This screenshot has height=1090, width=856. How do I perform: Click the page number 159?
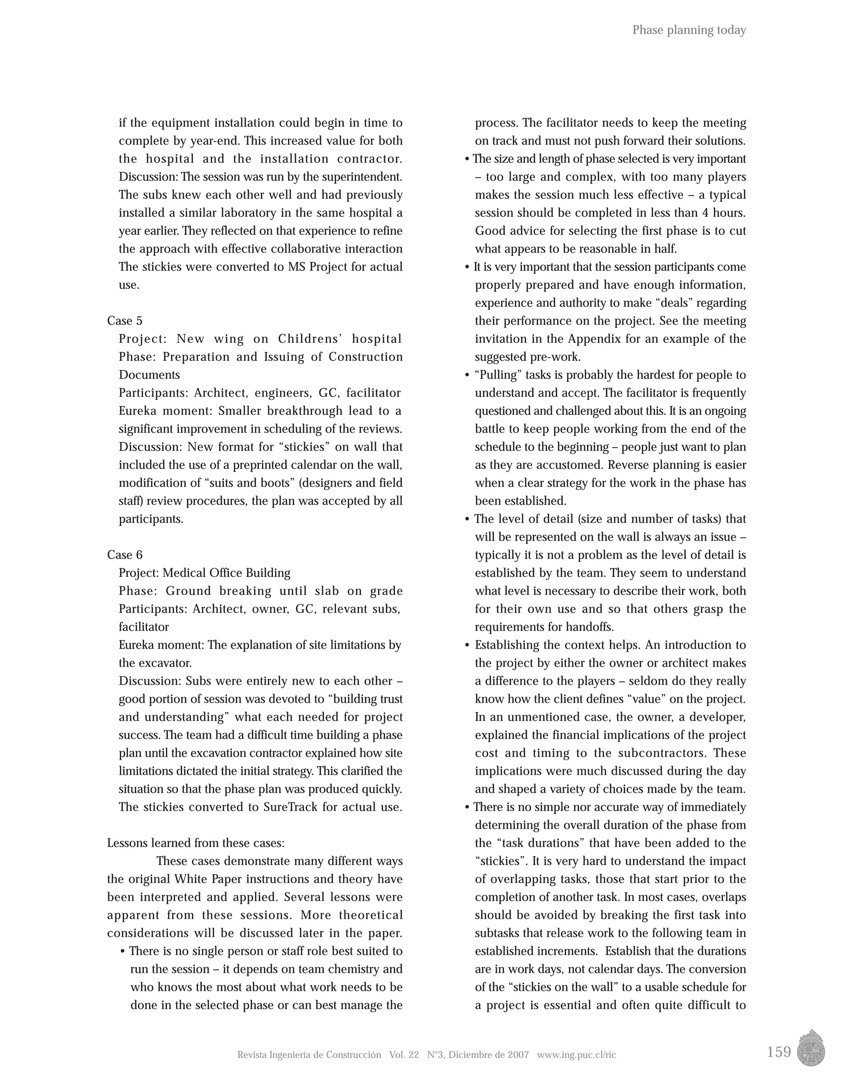tap(779, 1052)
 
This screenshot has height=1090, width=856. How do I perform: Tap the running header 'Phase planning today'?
tap(689, 30)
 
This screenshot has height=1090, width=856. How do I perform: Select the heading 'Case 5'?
tap(125, 321)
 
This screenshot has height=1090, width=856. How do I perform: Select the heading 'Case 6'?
tap(125, 554)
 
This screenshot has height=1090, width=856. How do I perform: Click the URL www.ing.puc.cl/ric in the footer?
tap(576, 1054)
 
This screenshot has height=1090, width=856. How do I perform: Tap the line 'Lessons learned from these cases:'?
tap(196, 843)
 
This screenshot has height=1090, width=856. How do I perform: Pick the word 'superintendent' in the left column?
tap(362, 177)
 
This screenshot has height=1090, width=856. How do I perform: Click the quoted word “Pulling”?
tap(498, 375)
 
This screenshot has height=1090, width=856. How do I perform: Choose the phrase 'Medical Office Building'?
tap(227, 572)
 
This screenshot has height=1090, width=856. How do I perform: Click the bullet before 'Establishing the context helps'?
tap(467, 645)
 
